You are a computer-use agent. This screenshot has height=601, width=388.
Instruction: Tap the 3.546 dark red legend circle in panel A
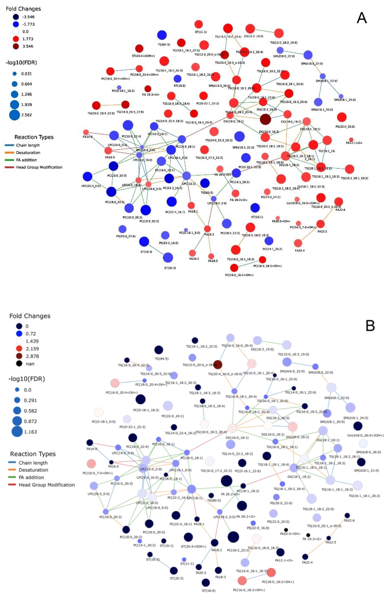tap(16, 46)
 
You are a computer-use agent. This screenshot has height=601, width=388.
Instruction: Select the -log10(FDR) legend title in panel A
tap(21, 62)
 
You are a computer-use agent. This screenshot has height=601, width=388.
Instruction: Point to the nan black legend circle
tap(19, 364)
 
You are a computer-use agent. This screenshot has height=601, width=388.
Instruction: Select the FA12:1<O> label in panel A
tap(354, 143)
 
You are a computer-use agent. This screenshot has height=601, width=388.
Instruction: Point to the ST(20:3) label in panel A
tap(170, 268)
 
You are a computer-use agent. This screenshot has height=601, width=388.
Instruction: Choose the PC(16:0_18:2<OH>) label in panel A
tap(239, 275)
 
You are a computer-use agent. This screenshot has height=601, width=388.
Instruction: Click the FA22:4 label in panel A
tap(300, 250)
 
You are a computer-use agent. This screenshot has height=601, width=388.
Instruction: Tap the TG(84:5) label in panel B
tap(161, 359)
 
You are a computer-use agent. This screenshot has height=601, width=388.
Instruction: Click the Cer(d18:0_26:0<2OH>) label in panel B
tap(365, 435)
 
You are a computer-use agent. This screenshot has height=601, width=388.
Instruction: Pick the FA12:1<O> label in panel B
tap(284, 560)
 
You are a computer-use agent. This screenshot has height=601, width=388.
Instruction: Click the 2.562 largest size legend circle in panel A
tap(15, 115)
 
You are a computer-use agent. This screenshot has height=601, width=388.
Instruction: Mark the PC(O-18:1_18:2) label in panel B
tap(146, 410)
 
